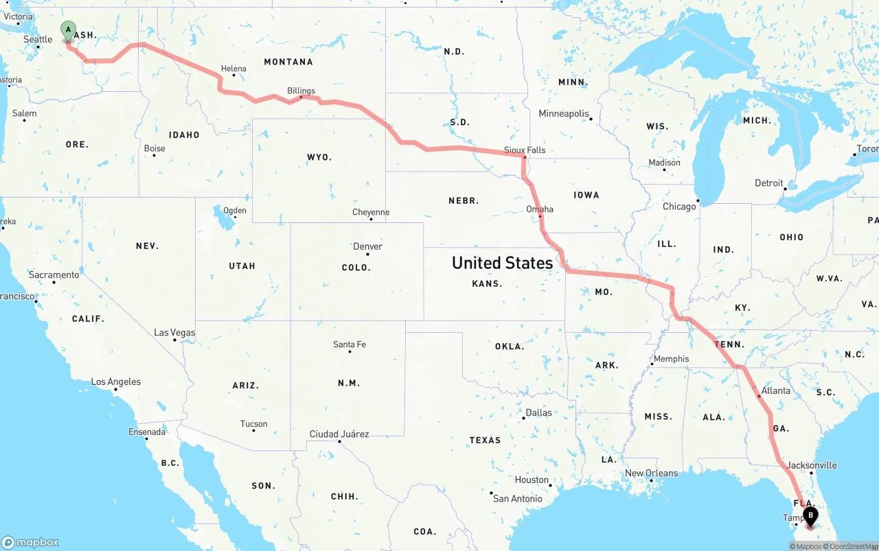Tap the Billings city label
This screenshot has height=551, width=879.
click(301, 91)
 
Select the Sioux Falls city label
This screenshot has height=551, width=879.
click(525, 150)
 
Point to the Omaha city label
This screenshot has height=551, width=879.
click(540, 209)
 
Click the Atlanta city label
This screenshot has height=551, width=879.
click(776, 390)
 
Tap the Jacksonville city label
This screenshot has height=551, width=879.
click(812, 465)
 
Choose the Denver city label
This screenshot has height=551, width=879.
click(368, 246)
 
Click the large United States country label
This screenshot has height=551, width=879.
click(502, 263)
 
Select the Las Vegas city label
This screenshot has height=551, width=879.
click(174, 333)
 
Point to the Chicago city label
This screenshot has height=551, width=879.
click(679, 207)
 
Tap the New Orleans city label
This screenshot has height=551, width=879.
click(651, 473)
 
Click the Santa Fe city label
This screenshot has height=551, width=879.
click(350, 344)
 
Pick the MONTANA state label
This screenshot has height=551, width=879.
click(288, 62)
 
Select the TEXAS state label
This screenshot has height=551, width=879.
click(485, 440)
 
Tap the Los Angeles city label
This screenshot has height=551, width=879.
click(116, 382)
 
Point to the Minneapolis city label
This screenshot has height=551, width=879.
click(564, 114)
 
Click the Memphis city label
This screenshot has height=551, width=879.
click(671, 359)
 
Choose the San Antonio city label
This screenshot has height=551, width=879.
click(518, 499)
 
